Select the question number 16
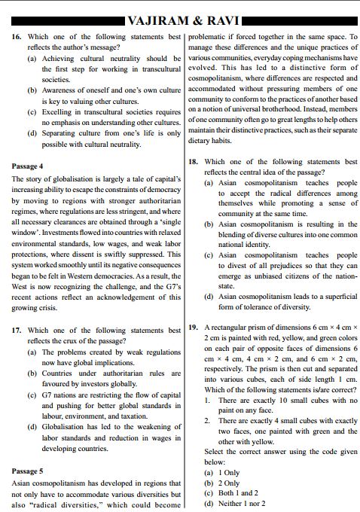coord(17,36)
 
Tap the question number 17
coord(17,331)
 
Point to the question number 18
coord(193,162)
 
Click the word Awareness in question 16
coord(63,90)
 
